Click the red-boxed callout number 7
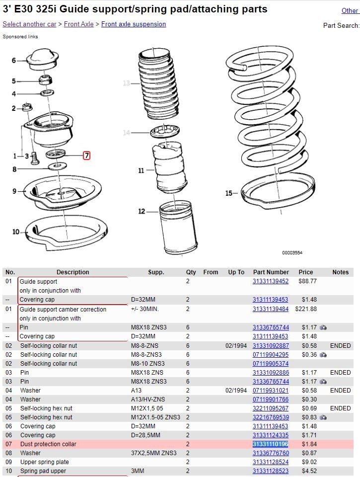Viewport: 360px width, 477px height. (87, 156)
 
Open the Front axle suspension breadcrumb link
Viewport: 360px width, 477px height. (134, 24)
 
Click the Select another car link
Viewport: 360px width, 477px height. (29, 24)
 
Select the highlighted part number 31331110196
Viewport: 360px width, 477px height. (270, 444)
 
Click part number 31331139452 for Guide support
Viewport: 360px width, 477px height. (270, 281)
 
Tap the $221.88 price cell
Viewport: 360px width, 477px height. (306, 309)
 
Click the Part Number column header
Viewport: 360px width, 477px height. (271, 272)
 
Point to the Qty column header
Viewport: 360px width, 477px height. (191, 272)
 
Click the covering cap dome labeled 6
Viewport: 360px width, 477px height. (43, 59)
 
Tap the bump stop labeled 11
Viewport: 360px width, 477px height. (169, 167)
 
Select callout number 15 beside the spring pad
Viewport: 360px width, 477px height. (228, 193)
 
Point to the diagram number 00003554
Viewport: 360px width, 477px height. (292, 252)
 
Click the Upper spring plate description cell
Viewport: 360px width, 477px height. (44, 462)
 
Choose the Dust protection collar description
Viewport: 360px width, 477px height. (48, 444)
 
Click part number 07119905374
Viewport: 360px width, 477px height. (271, 364)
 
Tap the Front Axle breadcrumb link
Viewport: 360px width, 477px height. (79, 24)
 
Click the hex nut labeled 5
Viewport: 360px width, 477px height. (45, 80)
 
